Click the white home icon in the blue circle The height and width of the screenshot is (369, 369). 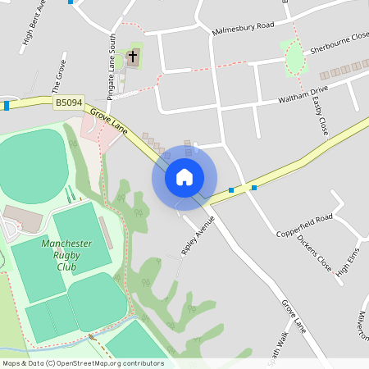click(184, 176)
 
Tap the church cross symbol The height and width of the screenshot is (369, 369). click(133, 58)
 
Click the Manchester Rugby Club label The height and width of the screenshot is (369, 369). click(66, 255)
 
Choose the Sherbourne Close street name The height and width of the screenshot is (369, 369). click(335, 48)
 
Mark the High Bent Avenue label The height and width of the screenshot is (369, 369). click(29, 27)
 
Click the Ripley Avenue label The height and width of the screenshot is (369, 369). click(197, 235)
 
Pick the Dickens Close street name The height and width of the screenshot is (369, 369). click(314, 253)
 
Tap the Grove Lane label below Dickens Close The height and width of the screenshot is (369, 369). click(294, 316)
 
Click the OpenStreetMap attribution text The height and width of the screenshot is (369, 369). click(83, 363)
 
